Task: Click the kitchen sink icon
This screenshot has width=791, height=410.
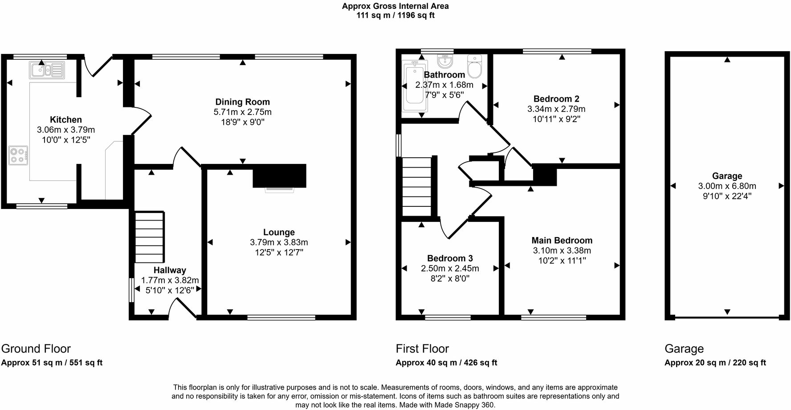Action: pyautogui.click(x=47, y=70)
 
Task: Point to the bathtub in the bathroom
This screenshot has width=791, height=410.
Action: pyautogui.click(x=415, y=86)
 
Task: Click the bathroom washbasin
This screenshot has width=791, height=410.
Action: pyautogui.click(x=444, y=61)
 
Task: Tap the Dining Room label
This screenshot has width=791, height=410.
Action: pyautogui.click(x=242, y=102)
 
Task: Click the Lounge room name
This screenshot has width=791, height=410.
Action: pyautogui.click(x=279, y=232)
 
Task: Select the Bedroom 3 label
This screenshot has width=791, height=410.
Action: pyautogui.click(x=450, y=258)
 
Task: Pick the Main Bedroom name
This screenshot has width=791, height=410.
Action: pyautogui.click(x=562, y=241)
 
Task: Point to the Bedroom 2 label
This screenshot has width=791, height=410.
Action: pyautogui.click(x=556, y=99)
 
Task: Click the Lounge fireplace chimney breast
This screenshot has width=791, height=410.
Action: pyautogui.click(x=279, y=176)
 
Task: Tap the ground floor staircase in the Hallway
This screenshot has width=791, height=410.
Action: pyautogui.click(x=149, y=237)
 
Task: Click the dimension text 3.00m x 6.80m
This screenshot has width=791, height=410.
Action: pyautogui.click(x=727, y=186)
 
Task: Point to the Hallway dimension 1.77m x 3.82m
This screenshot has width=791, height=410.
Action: pyautogui.click(x=170, y=280)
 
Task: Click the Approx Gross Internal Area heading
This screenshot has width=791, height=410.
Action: pyautogui.click(x=395, y=6)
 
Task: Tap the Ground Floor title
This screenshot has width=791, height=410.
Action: pyautogui.click(x=36, y=348)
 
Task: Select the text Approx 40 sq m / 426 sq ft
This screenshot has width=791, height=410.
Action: pyautogui.click(x=446, y=363)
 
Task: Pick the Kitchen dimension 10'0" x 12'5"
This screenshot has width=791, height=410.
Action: pyautogui.click(x=66, y=140)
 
